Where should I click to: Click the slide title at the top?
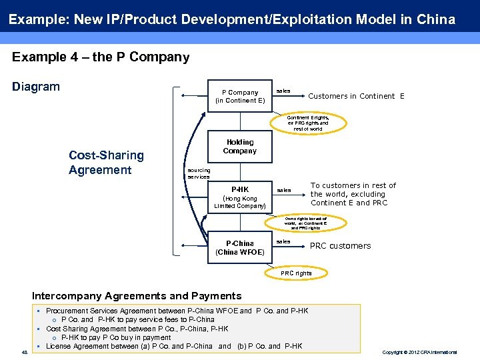(231, 19)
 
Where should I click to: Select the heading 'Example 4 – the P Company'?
(101, 57)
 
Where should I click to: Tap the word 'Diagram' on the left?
(36, 87)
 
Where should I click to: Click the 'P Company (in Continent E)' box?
(240, 97)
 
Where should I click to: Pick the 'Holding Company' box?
(240, 147)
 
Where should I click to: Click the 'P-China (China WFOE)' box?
(240, 247)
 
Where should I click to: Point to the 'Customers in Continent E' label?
(356, 96)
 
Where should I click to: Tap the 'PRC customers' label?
(340, 246)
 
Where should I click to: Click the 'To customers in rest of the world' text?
(353, 194)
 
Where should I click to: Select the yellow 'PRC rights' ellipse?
(296, 273)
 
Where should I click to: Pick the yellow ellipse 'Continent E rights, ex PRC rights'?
(307, 123)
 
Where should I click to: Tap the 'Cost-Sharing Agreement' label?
(106, 163)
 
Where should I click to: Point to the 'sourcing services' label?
(198, 173)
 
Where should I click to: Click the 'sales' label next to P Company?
(283, 91)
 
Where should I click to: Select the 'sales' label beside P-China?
(283, 241)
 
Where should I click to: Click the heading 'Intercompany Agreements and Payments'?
(137, 296)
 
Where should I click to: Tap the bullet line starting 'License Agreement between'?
(173, 346)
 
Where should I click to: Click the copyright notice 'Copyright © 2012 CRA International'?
(419, 352)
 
